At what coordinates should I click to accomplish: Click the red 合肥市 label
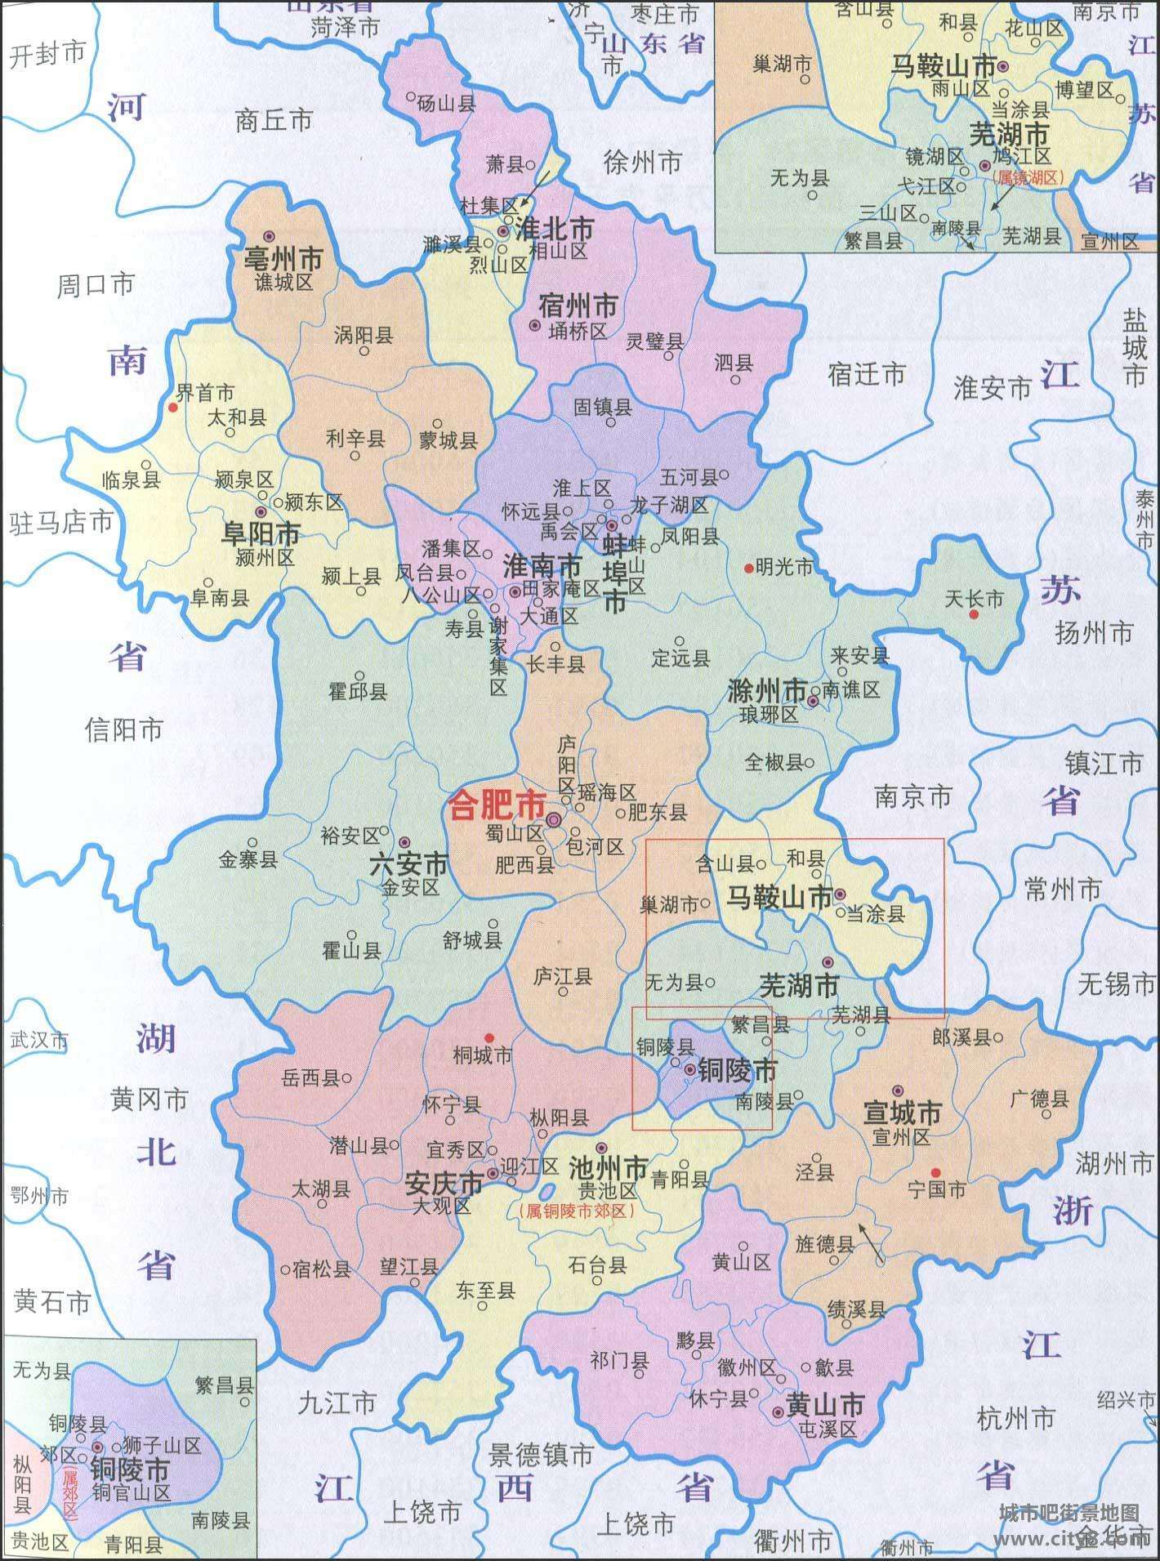coord(497,809)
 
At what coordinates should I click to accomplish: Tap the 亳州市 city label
coord(283,259)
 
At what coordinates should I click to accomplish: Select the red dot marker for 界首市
coord(172,406)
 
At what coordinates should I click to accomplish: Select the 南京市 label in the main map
coord(912,796)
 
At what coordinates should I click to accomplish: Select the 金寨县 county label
coord(248,859)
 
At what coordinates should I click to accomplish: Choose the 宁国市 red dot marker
coord(936,1171)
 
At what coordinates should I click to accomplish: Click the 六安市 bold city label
coord(408,863)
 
